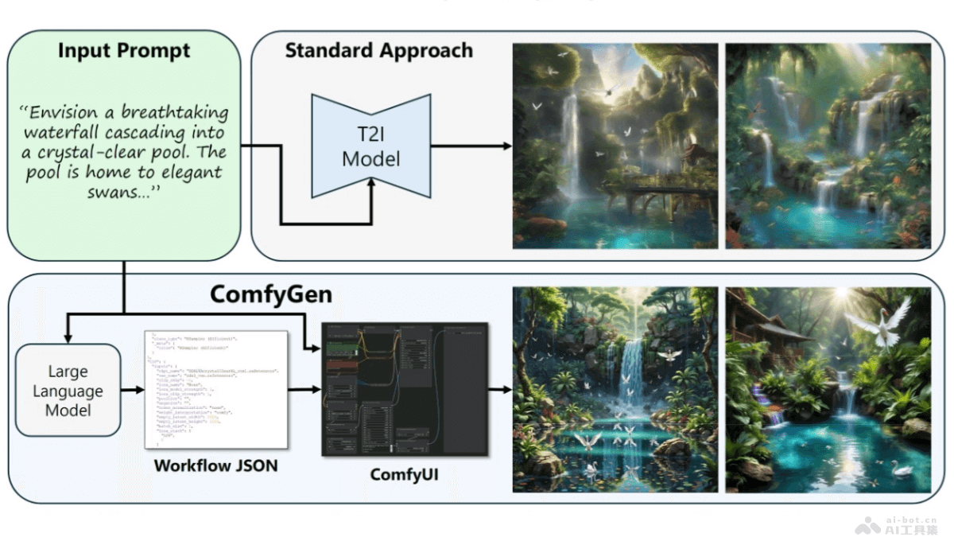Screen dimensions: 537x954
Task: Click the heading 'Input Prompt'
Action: tap(124, 51)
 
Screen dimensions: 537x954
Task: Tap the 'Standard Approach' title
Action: tap(378, 51)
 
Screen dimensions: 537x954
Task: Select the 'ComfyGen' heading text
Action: tap(270, 295)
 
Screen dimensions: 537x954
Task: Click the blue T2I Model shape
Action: tap(371, 146)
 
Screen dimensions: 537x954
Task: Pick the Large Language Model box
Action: tap(68, 391)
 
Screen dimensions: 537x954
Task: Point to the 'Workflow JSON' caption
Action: tap(215, 465)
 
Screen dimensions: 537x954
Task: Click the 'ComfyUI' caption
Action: tap(404, 475)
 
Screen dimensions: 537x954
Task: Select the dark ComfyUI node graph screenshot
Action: tap(404, 389)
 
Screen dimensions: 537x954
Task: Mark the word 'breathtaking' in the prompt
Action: tap(177, 112)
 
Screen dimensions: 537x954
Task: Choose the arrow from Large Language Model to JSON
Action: tap(132, 391)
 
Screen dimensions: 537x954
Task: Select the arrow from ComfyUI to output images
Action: tap(499, 390)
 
